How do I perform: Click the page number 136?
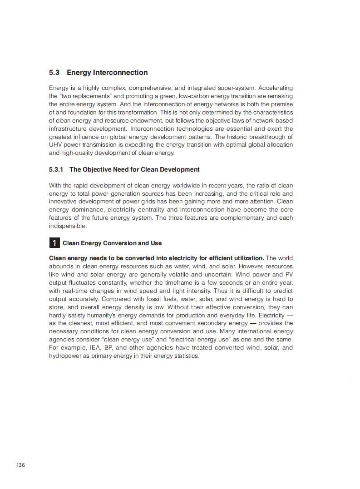pyautogui.click(x=20, y=465)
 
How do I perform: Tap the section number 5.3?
pyautogui.click(x=54, y=73)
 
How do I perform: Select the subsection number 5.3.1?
pyautogui.click(x=56, y=169)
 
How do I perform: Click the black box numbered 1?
pyautogui.click(x=54, y=243)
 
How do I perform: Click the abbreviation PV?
pyautogui.click(x=289, y=274)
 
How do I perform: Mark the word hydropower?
pyautogui.click(x=64, y=356)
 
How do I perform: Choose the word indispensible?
pyautogui.click(x=67, y=226)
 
